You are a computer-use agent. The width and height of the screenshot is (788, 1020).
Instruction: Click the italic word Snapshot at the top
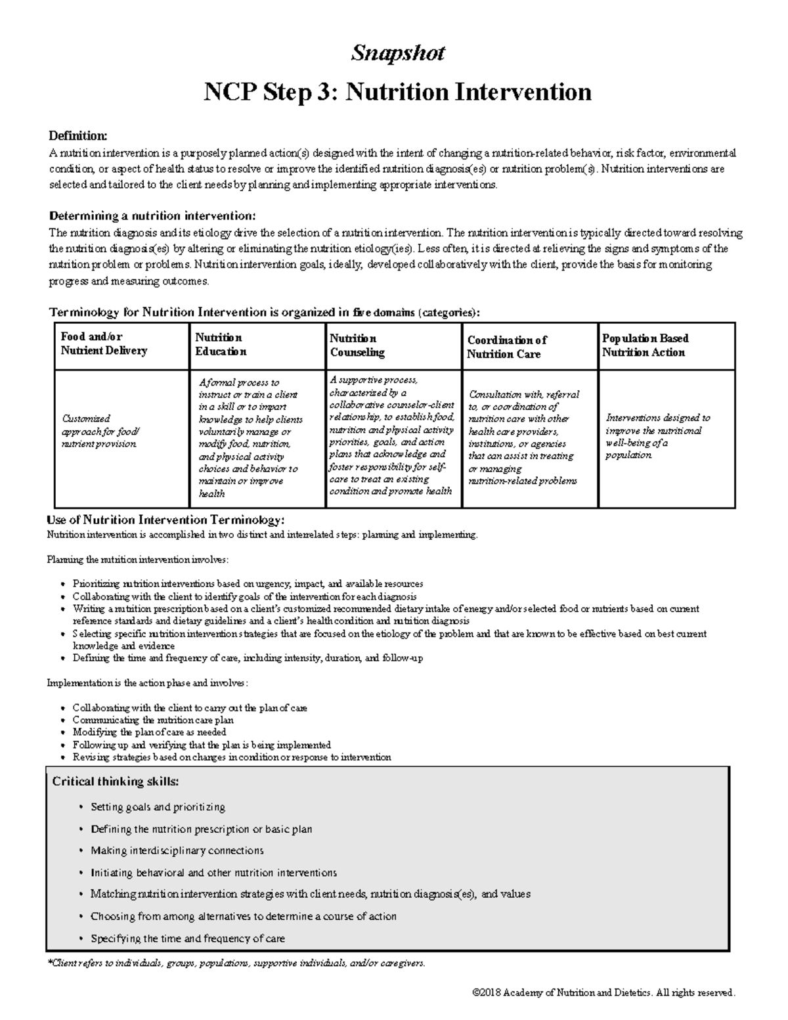pos(397,53)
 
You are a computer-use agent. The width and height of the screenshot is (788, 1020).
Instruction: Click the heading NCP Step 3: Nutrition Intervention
pos(397,91)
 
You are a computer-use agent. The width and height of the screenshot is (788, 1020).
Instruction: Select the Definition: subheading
pos(77,136)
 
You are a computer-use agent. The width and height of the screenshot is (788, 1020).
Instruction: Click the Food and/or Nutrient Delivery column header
pos(104,344)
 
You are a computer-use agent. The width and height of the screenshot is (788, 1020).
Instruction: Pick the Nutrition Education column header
pos(221,345)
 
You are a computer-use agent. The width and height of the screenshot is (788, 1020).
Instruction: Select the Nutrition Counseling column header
pos(357,345)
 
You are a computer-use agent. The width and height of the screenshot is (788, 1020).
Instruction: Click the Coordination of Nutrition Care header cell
pos(506,347)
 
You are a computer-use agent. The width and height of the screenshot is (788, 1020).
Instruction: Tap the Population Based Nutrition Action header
pos(645,345)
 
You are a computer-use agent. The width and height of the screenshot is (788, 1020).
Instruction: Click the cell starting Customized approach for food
pos(100,431)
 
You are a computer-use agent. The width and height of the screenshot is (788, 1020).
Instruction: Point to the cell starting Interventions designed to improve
pos(657,436)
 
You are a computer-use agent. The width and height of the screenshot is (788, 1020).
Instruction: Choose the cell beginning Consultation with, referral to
pos(523,437)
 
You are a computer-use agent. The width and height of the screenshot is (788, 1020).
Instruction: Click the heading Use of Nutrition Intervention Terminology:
pos(166,520)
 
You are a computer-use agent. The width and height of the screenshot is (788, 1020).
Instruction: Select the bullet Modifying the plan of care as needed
pos(149,732)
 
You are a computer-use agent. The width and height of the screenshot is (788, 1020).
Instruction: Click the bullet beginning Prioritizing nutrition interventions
pos(248,583)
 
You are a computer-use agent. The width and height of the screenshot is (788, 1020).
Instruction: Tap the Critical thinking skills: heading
pos(115,782)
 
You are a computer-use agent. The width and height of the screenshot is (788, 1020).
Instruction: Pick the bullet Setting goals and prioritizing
pos(158,807)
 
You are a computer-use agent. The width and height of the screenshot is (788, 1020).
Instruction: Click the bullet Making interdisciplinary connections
pos(177,851)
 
